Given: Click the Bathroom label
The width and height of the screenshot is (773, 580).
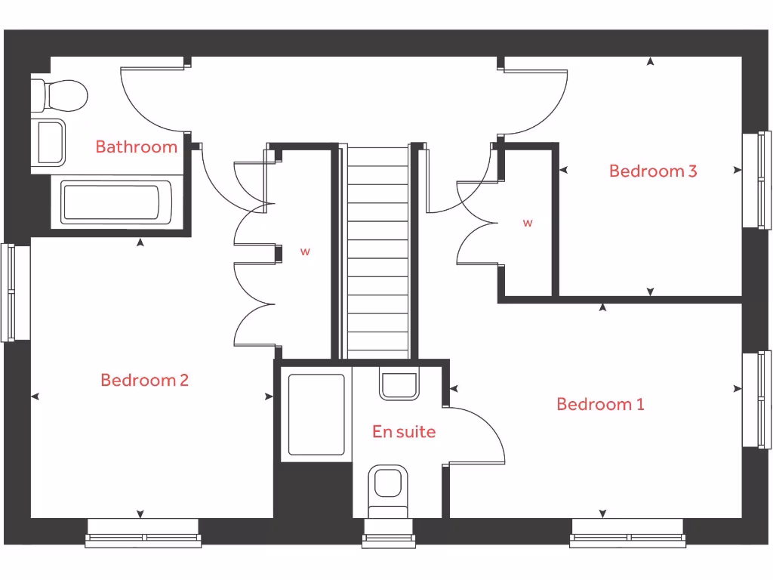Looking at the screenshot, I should pos(136,147).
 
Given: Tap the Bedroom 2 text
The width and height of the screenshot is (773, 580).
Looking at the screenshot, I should pos(144,380).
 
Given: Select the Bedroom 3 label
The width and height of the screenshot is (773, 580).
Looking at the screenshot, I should pos(653,171).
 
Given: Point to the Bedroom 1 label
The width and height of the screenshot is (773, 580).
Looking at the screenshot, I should pos(600,404).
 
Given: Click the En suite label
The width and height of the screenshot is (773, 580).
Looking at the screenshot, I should pos(404,431).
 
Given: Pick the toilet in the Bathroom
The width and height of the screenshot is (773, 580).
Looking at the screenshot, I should pos(60,95).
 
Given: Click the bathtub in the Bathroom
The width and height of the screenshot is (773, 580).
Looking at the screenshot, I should pos(115,202).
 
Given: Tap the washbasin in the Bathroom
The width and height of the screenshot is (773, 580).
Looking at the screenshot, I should pos(49,141).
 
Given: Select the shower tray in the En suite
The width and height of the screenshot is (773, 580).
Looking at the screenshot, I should pos(316,415).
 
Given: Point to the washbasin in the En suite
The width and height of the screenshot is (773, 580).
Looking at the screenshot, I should pos(399,385).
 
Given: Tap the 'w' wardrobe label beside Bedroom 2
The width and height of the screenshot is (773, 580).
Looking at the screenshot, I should pos(305,252).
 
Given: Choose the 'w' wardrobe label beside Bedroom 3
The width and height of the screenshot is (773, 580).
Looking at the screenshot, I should pos(528,223).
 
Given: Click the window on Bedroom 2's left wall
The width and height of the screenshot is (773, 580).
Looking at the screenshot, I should pos(14,292).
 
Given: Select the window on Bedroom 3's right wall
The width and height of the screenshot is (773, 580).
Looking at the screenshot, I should pos(757,180).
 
